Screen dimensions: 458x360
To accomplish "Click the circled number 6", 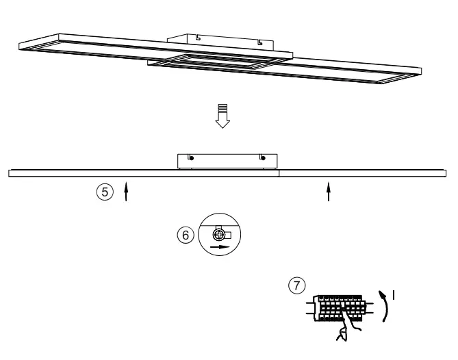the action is point(182,233).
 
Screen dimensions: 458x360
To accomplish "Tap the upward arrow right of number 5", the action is point(126,192).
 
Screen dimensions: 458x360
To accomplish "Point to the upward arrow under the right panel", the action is point(329,192).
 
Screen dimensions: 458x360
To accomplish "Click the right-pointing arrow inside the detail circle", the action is point(219,245).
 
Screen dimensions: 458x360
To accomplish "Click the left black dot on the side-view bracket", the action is point(190,158).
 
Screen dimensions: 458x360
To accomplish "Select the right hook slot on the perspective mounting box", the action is point(259,43).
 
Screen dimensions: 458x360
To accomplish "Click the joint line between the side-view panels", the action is point(280,174).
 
